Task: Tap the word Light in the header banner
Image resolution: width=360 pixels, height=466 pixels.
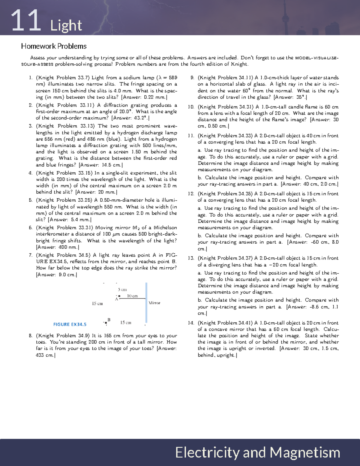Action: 66,26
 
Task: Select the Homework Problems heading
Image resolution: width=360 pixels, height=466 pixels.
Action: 54,46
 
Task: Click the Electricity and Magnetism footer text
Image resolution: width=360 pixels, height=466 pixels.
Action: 257,452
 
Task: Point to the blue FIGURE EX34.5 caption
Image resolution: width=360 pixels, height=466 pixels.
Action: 70,324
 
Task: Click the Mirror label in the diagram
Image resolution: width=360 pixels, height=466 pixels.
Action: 154,303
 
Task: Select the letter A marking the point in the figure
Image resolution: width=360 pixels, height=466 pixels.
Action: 116,299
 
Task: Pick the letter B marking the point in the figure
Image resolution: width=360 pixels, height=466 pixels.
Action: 109,320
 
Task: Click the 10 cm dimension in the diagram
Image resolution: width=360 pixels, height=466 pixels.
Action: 132,296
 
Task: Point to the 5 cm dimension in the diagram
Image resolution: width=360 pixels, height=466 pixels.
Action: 122,290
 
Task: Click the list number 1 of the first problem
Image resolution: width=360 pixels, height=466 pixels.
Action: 30,78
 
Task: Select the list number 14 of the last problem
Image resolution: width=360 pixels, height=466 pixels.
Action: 191,323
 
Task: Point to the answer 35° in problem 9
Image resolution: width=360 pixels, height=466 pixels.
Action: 301,98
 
